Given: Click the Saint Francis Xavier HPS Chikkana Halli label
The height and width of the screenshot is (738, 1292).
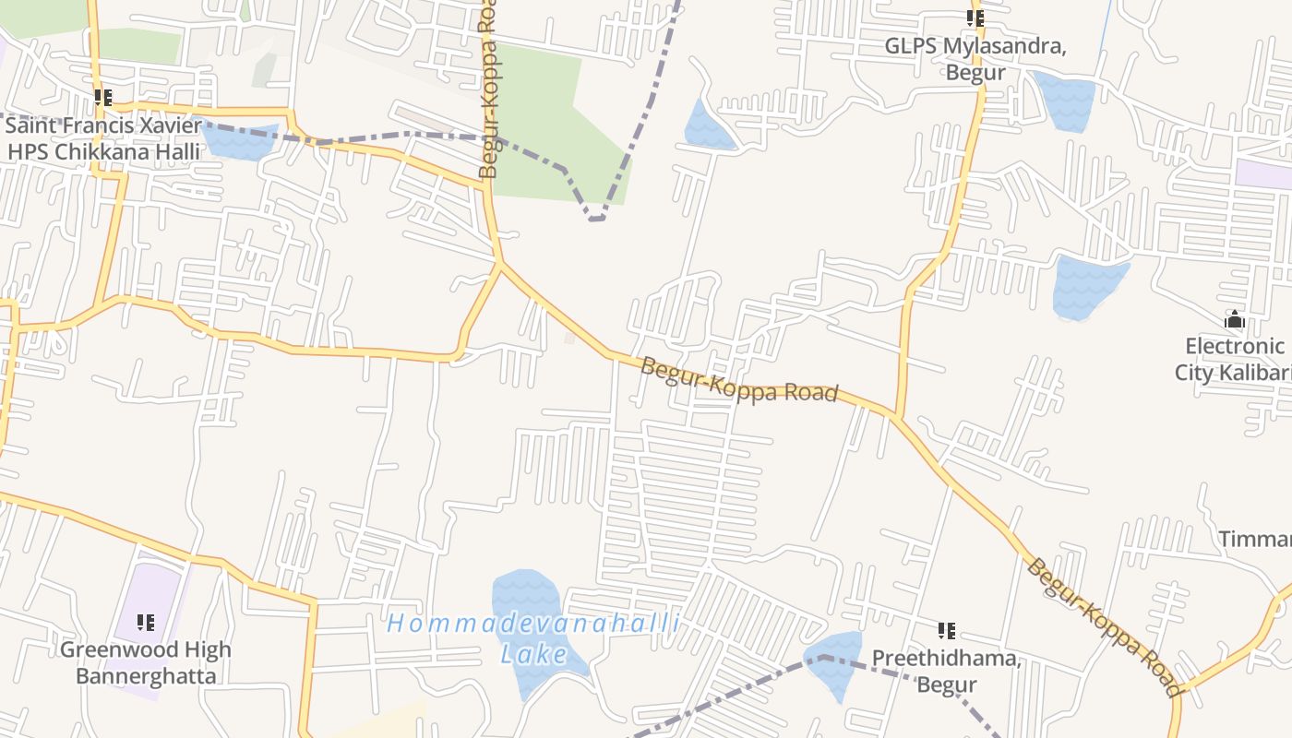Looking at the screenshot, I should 102,138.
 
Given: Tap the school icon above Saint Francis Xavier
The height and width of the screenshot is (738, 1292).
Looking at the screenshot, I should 103,97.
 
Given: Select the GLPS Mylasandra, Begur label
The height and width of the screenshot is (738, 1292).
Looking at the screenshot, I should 975,59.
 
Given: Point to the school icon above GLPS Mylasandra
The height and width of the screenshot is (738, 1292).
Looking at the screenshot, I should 975,18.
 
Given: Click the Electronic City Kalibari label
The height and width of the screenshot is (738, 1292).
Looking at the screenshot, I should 1235,359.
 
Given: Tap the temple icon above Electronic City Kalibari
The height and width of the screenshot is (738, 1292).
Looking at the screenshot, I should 1235,320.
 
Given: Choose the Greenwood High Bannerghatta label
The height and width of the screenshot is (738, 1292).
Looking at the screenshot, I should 146,662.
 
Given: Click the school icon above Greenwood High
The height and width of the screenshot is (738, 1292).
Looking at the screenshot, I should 146,623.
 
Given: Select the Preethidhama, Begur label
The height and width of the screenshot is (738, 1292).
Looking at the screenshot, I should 947,672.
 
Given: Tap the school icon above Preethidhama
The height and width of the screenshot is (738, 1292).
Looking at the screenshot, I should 947,631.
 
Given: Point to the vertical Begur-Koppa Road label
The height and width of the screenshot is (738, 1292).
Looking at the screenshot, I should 488,92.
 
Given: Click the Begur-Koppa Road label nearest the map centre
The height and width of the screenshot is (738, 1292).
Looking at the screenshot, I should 739,379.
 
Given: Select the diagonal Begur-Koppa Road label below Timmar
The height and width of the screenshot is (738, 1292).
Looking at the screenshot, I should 1104,627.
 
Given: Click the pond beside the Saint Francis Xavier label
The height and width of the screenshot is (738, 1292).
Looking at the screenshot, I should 238,140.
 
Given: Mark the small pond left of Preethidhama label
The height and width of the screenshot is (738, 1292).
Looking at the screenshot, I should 834,664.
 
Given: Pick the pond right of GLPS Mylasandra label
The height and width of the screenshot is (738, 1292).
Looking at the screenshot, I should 1067,100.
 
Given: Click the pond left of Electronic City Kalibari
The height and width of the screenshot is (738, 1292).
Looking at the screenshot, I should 1087,286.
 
